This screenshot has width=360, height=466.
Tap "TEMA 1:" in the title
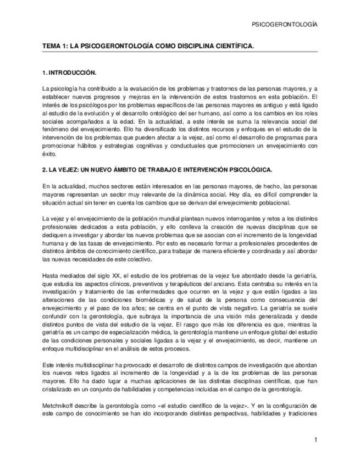(55, 47)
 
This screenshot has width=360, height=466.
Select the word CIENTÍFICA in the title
(236, 47)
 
